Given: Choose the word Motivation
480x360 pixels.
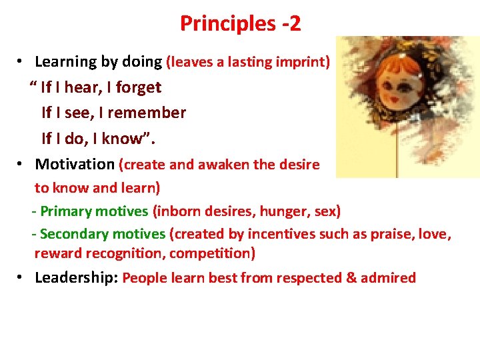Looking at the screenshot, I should click(75, 164).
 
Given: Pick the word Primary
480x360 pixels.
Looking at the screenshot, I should click(66, 211).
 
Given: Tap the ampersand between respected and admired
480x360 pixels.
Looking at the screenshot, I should click(351, 277).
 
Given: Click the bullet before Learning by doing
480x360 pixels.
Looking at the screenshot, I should click(22, 61).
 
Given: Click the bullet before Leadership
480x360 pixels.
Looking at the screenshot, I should click(22, 277).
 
